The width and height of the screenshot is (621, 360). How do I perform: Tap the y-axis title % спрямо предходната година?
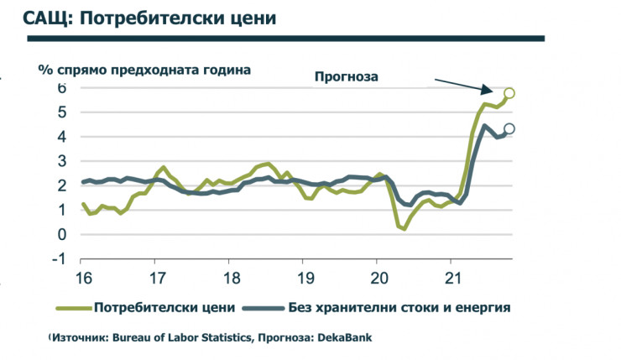click(144, 70)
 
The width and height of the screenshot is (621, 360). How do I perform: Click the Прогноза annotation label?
click(347, 76)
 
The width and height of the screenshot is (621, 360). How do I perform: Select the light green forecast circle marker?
click(509, 93)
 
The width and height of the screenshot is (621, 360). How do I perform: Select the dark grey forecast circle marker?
click(509, 129)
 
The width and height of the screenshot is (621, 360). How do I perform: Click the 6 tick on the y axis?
click(62, 87)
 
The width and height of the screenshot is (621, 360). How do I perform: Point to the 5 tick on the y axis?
click(62, 112)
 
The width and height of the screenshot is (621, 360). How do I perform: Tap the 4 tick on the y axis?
click(62, 136)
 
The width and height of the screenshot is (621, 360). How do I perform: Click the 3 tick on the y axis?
click(62, 161)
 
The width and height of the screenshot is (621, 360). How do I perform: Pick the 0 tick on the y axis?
click(62, 234)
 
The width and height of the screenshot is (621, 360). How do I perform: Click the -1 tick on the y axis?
click(60, 258)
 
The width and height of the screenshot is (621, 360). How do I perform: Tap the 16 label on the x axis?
click(83, 278)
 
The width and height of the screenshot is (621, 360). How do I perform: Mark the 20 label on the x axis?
click(378, 278)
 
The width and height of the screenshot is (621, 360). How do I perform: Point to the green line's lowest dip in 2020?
click(404, 228)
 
